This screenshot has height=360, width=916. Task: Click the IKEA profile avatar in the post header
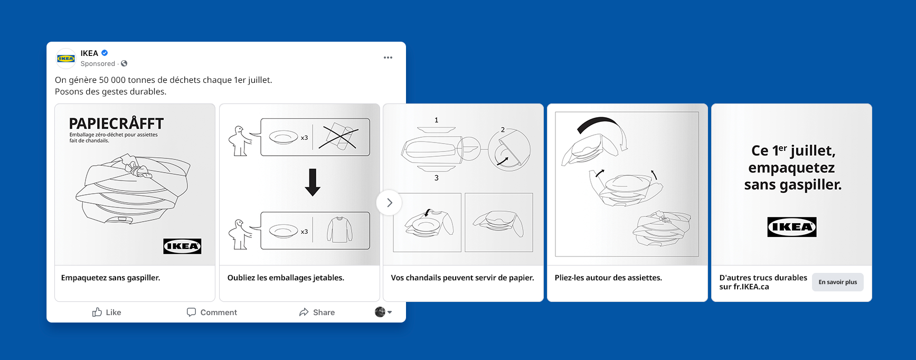point(66,58)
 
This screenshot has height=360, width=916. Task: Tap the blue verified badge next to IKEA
point(105,53)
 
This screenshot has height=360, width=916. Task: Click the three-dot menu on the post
point(388,58)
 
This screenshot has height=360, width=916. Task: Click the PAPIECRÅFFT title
point(117,124)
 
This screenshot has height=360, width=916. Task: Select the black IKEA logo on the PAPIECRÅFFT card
point(182,246)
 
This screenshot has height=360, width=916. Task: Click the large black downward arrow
point(313,183)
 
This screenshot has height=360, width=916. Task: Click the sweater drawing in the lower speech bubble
point(339,230)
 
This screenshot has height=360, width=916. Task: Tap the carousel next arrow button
point(389,203)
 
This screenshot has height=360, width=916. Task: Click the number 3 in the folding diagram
point(437,178)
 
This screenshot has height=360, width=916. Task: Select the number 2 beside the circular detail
point(503,130)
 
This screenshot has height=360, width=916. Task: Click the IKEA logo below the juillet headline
point(791,227)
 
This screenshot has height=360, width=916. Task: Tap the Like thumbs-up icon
point(97,312)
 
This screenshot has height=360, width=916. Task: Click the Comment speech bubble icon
point(191,312)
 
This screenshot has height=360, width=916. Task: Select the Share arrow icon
point(304,312)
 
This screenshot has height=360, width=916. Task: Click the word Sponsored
point(98,63)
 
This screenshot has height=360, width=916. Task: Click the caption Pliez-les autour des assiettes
point(608,278)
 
